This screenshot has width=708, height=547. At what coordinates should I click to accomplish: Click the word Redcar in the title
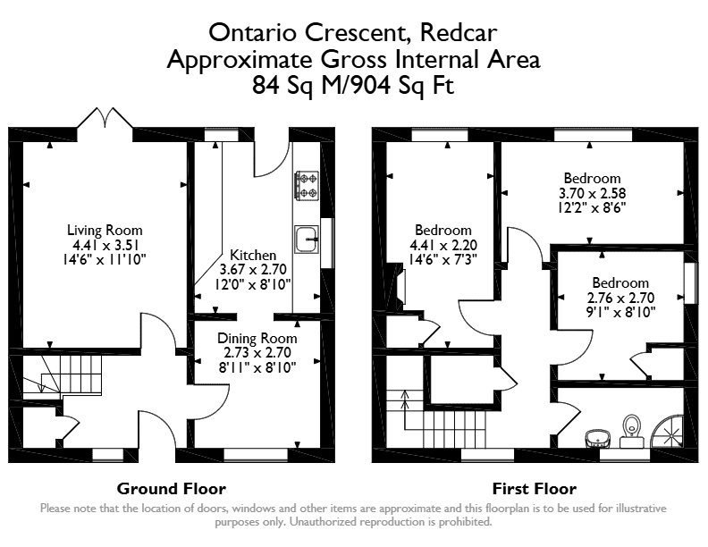[459, 32]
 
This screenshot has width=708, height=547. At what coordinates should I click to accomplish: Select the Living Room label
[105, 231]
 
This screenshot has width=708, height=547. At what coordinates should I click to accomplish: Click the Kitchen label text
[253, 255]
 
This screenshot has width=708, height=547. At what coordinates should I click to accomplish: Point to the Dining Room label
[257, 339]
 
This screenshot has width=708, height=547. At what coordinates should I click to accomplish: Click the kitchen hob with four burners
[307, 185]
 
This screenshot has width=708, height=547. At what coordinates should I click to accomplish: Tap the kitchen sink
[307, 240]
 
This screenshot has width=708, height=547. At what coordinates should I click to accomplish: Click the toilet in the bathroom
[632, 431]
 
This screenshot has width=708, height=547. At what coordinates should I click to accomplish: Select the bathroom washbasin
[598, 438]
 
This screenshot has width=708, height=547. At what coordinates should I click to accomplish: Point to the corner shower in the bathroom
[669, 432]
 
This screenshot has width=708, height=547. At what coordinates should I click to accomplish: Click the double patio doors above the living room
[105, 118]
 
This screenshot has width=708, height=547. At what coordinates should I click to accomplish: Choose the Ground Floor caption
[171, 489]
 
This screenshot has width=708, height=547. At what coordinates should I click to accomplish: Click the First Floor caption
[535, 489]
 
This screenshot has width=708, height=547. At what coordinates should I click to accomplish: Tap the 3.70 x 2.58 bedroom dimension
[592, 193]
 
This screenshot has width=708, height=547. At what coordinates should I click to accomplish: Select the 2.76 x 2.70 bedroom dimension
[620, 298]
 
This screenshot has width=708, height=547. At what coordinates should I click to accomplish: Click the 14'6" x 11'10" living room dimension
[105, 259]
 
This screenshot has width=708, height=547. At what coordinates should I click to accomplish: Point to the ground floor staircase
[63, 374]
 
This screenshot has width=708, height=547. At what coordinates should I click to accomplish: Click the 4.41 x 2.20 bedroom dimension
[443, 245]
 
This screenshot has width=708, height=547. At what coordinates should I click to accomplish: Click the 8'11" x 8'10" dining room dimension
[257, 368]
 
